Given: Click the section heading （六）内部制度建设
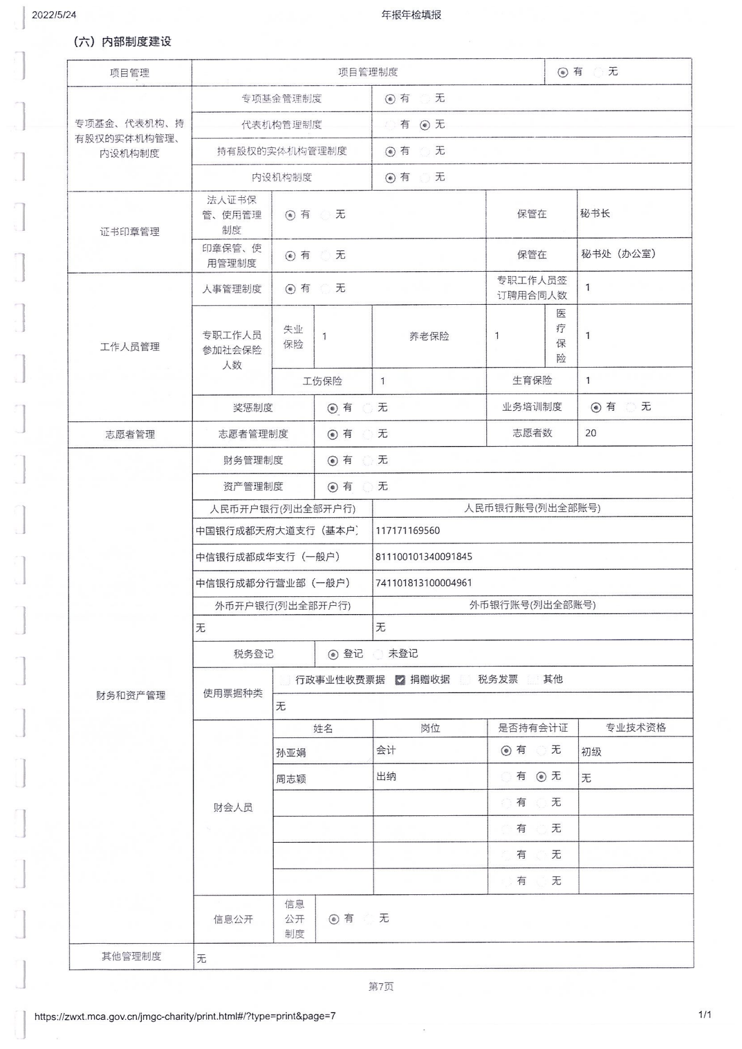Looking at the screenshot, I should (x=122, y=41).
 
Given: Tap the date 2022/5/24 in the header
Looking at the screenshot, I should (x=54, y=15).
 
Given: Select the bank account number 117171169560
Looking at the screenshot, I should (x=408, y=531).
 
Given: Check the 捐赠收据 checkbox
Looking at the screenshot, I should (x=400, y=680).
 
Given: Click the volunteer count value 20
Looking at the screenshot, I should (x=591, y=433).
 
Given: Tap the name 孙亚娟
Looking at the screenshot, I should (x=291, y=753).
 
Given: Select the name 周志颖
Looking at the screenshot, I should (x=291, y=779).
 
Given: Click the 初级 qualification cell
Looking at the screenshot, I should (x=591, y=752).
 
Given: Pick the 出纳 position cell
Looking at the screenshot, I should (x=386, y=777).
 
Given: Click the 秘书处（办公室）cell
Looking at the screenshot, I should (x=618, y=254).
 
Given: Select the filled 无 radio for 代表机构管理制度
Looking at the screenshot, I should (x=425, y=125).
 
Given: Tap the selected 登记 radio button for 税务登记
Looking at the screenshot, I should (x=333, y=655).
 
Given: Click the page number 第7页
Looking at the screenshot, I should (x=381, y=987).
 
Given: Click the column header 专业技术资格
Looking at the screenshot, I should (x=635, y=728).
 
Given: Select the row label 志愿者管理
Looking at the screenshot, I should (x=130, y=434).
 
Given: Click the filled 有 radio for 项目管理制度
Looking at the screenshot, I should (x=563, y=72).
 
